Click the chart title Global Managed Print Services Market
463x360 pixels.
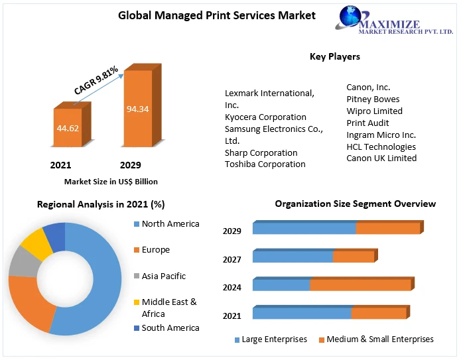[217, 15]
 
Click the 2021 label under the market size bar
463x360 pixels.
[60, 165]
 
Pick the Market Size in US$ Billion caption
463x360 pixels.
[111, 181]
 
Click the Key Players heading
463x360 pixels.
[334, 56]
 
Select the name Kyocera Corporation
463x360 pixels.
[265, 117]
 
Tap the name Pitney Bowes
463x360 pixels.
[373, 99]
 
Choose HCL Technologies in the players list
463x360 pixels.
[381, 147]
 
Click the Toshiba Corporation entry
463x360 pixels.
[265, 164]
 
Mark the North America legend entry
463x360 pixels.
[170, 224]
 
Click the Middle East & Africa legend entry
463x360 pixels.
[169, 308]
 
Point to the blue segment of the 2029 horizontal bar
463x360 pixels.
[304, 229]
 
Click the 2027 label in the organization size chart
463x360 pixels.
[231, 259]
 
